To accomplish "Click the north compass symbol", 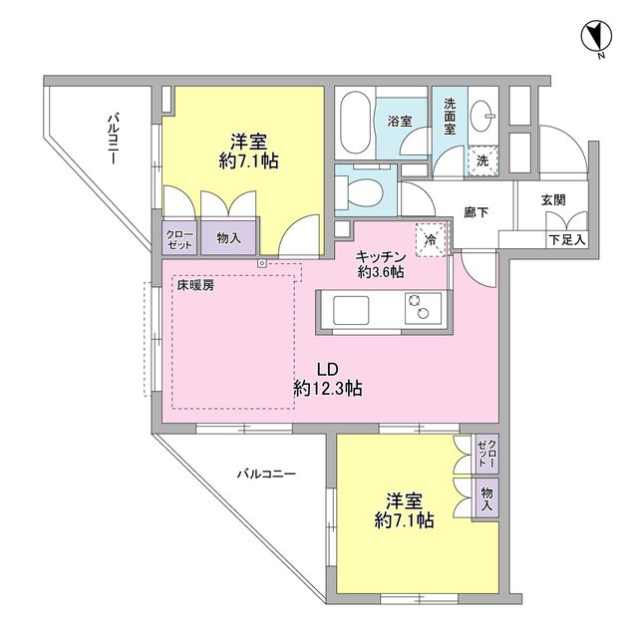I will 594,37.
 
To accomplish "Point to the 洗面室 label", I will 449,116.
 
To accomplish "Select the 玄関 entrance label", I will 553,199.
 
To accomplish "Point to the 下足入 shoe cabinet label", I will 566,239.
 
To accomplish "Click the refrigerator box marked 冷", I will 430,239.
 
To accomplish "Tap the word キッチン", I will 381,255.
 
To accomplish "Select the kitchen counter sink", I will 351,311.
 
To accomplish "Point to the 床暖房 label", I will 195,285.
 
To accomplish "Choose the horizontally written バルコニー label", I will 266,475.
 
